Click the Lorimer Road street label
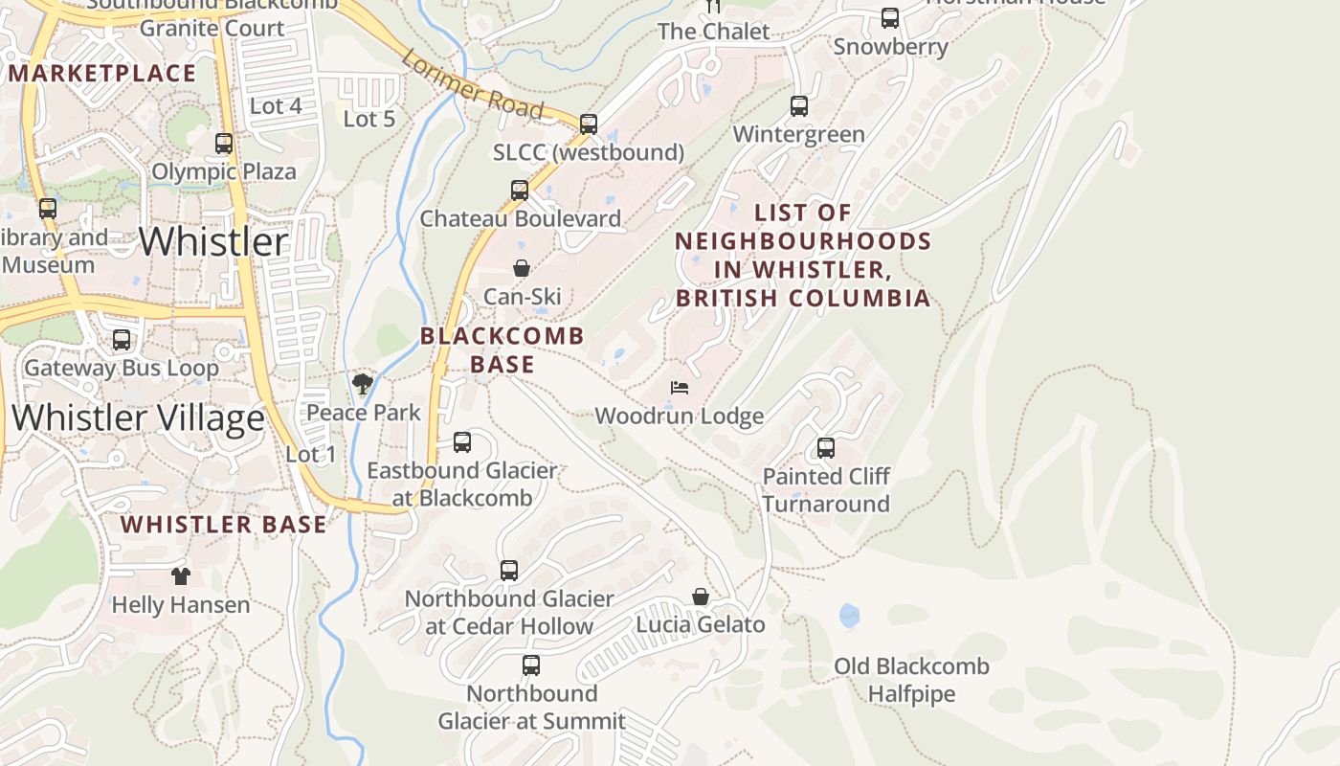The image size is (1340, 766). (473, 85)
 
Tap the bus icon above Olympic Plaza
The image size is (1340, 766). (224, 144)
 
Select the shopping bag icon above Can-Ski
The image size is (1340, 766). (522, 268)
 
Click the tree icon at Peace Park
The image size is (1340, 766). (362, 384)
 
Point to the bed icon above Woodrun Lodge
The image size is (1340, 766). (679, 388)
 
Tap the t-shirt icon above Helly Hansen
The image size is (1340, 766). (180, 575)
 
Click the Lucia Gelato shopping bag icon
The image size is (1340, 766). (701, 597)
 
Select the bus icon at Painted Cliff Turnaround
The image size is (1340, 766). (825, 447)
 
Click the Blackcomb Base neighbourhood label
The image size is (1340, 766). (502, 349)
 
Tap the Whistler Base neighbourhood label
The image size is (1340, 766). (223, 525)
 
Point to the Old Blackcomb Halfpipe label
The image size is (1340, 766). (910, 680)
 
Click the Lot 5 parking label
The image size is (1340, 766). (368, 119)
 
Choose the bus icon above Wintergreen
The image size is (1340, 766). (798, 106)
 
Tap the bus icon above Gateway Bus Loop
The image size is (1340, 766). (122, 339)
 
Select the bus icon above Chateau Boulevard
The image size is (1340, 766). (520, 190)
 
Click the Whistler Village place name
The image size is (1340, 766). (138, 418)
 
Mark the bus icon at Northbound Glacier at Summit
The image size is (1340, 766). (531, 665)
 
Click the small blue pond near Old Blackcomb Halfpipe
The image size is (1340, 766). (849, 616)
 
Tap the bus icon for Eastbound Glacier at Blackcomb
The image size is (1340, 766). (462, 441)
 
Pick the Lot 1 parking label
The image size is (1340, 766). (311, 454)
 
